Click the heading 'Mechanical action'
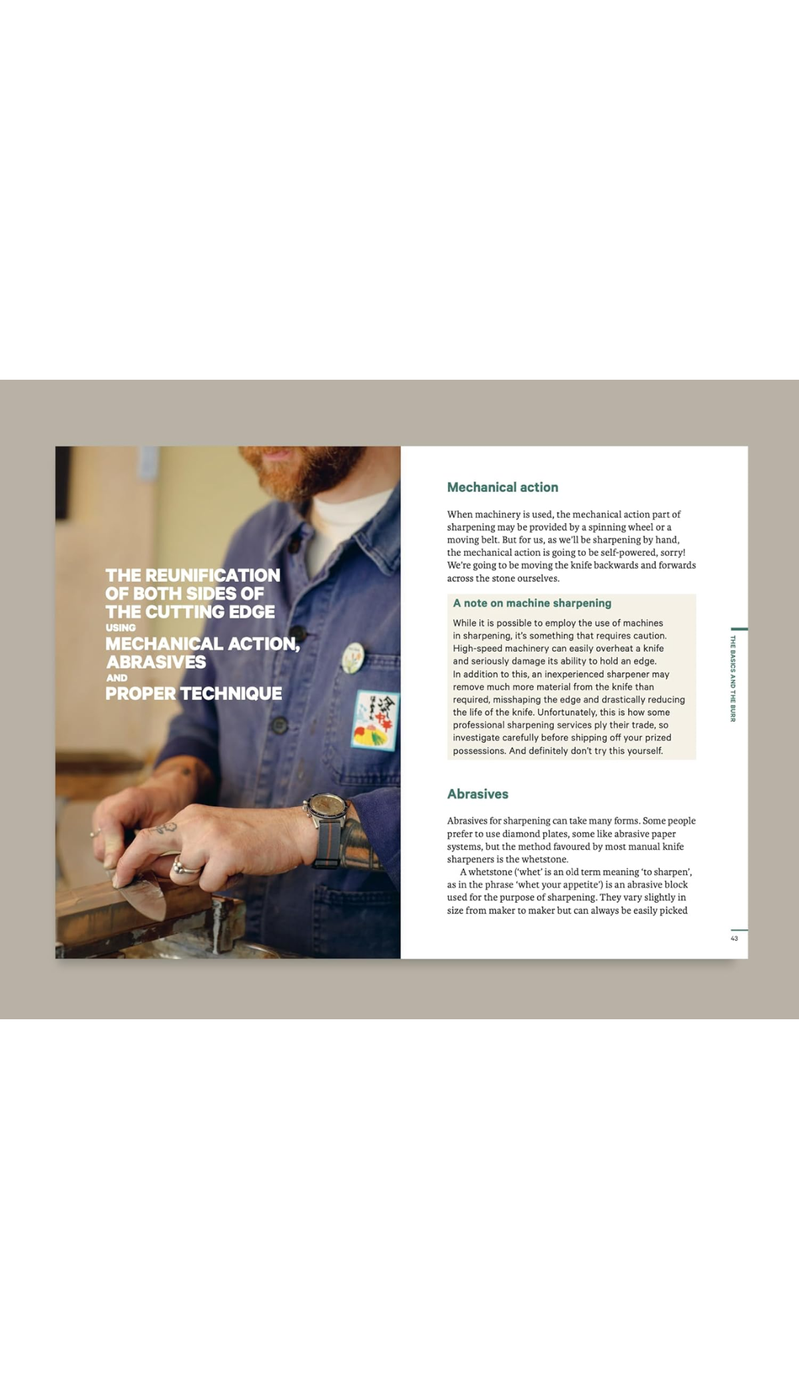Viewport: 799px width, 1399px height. pos(502,487)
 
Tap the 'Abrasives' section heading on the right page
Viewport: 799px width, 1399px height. pos(477,793)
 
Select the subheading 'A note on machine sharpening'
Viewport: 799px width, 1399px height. pos(531,603)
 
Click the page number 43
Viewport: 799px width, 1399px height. pos(734,938)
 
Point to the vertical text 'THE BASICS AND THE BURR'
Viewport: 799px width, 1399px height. pos(732,678)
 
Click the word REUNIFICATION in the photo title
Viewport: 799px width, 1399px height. pos(212,575)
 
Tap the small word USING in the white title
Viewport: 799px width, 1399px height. pos(121,628)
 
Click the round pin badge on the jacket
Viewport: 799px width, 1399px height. pos(353,658)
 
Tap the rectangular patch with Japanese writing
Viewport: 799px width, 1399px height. pos(376,719)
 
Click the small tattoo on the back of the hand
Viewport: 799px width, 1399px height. pos(163,829)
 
